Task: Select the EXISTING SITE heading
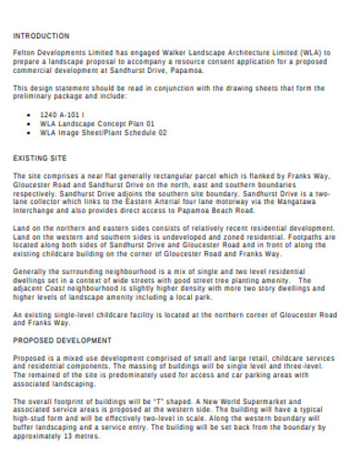(40, 159)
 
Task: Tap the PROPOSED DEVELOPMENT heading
(58, 339)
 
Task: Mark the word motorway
(235, 202)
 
